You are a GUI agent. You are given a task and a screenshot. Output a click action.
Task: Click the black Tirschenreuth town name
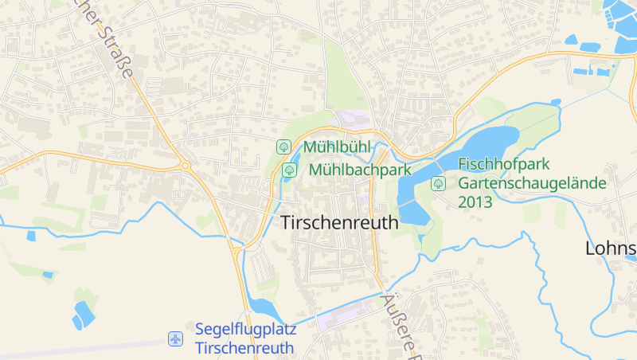[340, 223]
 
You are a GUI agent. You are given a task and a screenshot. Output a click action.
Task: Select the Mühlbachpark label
[359, 170]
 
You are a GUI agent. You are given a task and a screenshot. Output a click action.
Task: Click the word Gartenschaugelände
[532, 183]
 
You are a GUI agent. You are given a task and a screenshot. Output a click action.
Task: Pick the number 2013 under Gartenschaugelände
[475, 202]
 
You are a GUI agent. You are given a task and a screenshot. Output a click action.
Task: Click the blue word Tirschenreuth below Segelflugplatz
[244, 349]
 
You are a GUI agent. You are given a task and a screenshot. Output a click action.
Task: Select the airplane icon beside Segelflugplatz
[176, 339]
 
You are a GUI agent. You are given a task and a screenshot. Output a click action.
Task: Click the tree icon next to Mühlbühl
[283, 147]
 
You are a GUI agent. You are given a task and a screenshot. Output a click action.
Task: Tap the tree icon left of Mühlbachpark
[289, 170]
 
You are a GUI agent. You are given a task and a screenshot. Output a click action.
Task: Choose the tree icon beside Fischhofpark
[438, 184]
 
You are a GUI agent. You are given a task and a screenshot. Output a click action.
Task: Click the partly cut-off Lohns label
[612, 248]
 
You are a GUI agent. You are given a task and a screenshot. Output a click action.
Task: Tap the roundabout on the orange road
[186, 166]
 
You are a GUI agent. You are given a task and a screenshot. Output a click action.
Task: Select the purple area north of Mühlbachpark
[351, 119]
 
